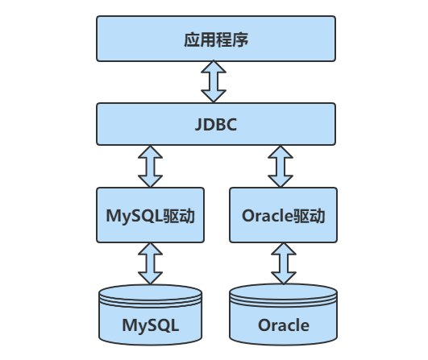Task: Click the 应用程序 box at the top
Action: click(x=214, y=39)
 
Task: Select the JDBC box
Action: click(x=214, y=124)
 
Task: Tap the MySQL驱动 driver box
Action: click(x=149, y=215)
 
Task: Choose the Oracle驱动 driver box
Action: click(x=282, y=215)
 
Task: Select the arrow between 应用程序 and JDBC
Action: click(x=214, y=81)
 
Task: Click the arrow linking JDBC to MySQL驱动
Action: click(x=149, y=166)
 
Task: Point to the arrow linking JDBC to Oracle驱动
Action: click(x=281, y=166)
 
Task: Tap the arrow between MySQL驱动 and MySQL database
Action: click(x=149, y=263)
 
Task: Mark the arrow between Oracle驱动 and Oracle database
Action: click(x=281, y=263)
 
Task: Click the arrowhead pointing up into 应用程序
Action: click(x=214, y=68)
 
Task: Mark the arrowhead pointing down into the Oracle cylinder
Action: click(x=281, y=276)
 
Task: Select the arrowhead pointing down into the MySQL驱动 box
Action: click(x=149, y=180)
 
